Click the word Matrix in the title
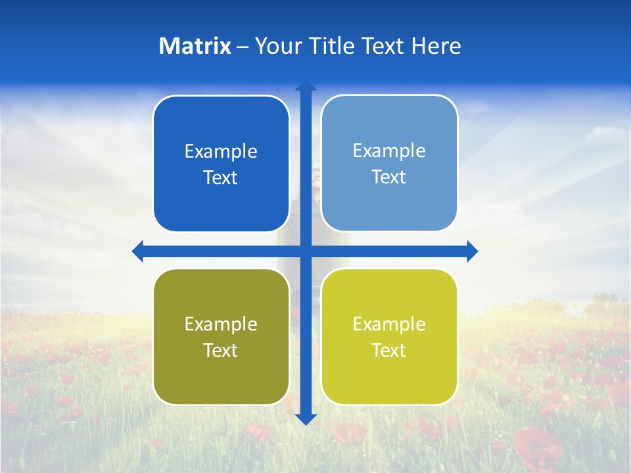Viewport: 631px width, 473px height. click(195, 46)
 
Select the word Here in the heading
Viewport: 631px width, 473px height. click(436, 46)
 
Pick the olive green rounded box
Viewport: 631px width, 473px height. click(221, 378)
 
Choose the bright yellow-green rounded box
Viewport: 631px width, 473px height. click(389, 378)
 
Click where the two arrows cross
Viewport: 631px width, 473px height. click(306, 251)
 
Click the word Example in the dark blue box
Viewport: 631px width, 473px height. click(221, 152)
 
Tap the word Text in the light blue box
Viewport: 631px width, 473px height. click(389, 177)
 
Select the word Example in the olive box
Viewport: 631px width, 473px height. click(221, 325)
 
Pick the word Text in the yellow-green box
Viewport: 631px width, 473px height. click(389, 351)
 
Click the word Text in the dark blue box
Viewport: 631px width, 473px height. click(221, 178)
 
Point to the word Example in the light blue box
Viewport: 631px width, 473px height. click(389, 151)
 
